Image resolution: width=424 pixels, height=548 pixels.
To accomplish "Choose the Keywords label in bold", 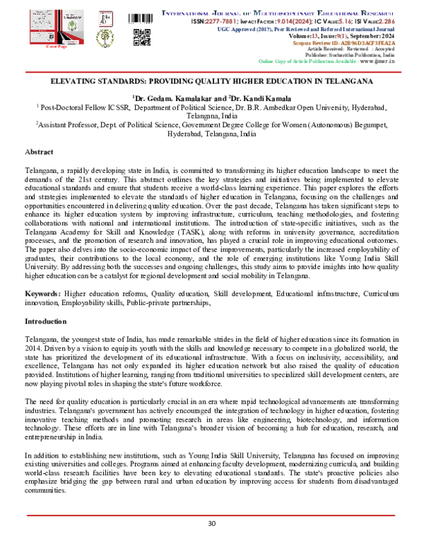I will coord(43,293).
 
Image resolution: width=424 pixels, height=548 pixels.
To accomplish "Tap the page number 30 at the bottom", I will coord(211,523).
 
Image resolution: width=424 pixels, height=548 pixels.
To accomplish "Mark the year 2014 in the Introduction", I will coord(33,348).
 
